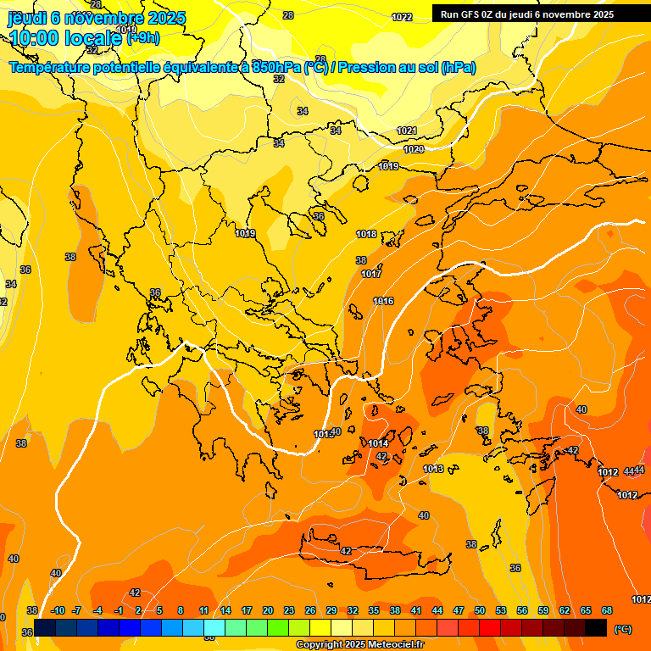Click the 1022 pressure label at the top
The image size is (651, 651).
tap(402, 18)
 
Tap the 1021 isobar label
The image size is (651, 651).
tap(407, 131)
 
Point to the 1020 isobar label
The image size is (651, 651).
tap(414, 149)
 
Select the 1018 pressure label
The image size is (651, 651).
tap(366, 235)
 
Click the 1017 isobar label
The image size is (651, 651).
tap(371, 274)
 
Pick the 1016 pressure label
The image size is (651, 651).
tap(383, 301)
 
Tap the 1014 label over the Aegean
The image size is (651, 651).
tap(378, 443)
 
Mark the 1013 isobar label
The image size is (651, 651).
tap(433, 469)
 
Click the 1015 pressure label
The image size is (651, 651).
tap(323, 434)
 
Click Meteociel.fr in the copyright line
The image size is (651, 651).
tap(394, 645)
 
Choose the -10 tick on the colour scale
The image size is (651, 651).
tap(58, 610)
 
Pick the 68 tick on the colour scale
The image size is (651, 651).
tap(607, 610)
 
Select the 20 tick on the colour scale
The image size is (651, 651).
tap(268, 610)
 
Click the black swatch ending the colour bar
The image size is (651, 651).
tap(596, 627)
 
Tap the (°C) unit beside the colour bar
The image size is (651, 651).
tap(623, 629)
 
